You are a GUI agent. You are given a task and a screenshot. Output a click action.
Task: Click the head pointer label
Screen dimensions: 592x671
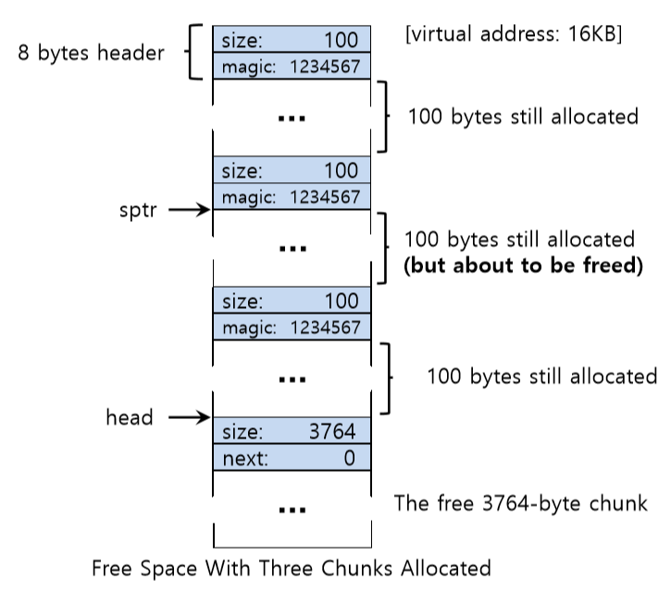129,418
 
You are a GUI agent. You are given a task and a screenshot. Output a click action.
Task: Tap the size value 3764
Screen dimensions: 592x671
332,432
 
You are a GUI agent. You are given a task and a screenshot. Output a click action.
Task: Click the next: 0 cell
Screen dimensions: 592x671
292,458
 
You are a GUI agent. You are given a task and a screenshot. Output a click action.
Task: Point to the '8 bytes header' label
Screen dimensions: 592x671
91,53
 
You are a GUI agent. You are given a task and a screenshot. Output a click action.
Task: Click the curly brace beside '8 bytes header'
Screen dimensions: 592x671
194,53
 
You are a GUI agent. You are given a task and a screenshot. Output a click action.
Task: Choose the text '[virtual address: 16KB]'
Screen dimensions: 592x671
513,37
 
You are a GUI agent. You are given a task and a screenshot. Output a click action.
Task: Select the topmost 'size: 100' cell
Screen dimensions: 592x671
292,40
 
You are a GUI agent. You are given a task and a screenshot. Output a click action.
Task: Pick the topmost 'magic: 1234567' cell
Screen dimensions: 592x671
292,66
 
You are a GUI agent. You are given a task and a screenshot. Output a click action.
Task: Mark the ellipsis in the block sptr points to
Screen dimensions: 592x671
292,249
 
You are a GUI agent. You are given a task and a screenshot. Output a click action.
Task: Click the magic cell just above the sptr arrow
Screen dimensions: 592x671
292,196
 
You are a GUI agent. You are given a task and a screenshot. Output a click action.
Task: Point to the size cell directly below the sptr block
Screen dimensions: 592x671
292,302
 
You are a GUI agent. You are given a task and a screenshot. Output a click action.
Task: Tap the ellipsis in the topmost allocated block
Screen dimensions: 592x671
292,117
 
